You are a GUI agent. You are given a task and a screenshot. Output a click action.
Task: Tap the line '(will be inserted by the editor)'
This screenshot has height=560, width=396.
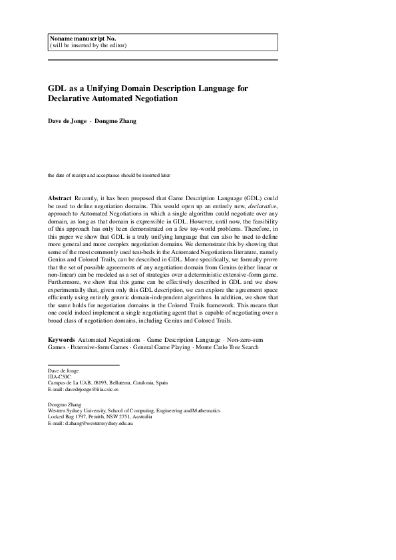pyautogui.click(x=88, y=45)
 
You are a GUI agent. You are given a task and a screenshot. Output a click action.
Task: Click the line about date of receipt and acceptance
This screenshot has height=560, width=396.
pyautogui.click(x=109, y=176)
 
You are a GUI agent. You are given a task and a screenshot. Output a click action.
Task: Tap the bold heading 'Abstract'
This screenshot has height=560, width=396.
pyautogui.click(x=60, y=199)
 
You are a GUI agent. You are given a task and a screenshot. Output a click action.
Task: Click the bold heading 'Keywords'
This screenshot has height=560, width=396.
pyautogui.click(x=61, y=340)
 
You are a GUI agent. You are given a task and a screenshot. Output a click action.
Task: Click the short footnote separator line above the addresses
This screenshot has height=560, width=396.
pyautogui.click(x=83, y=364)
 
